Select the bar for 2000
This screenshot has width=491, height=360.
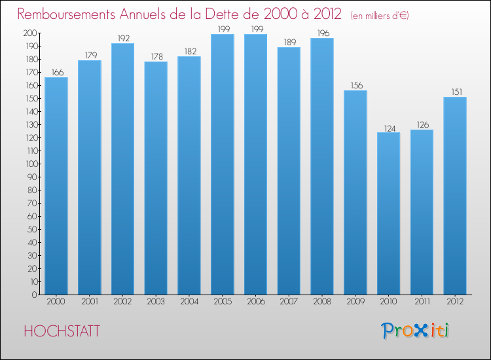56,186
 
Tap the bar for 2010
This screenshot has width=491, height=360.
388,213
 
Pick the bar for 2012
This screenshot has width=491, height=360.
455,196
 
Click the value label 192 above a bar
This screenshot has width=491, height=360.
122,38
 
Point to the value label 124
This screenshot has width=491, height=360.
388,128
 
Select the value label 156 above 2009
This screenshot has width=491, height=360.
355,85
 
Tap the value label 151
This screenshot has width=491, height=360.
455,92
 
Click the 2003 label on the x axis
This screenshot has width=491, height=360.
156,302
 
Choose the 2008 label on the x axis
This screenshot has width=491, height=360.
322,302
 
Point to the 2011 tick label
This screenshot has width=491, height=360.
422,302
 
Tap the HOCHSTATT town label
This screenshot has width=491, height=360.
62,331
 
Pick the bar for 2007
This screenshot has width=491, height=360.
289,171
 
